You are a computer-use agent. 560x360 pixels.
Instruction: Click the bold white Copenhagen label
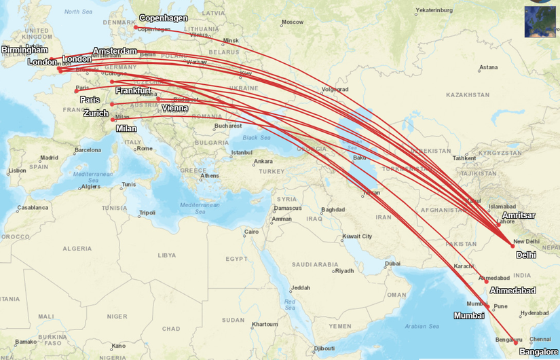tap(164, 18)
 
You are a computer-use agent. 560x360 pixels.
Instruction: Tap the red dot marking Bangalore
tap(515, 342)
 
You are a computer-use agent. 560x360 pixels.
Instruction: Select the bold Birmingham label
tap(24, 50)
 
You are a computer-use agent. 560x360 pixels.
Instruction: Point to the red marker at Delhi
tap(513, 246)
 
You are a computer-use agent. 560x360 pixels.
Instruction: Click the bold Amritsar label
tap(519, 215)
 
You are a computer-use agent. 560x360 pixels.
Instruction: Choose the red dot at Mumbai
tap(488, 307)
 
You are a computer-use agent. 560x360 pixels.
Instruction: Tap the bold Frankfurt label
tap(133, 90)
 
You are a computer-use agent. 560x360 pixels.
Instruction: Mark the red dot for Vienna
tap(158, 99)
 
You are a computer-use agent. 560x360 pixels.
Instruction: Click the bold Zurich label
tap(96, 113)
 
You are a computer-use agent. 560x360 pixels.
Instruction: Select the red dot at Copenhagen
tap(136, 28)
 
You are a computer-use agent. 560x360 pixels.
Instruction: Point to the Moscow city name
tap(293, 22)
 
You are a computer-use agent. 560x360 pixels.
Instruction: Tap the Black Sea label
tap(256, 137)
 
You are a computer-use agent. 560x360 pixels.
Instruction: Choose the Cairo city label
tap(252, 232)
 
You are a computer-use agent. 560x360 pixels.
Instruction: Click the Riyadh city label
tap(345, 270)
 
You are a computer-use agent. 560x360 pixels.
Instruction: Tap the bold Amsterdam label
tap(115, 52)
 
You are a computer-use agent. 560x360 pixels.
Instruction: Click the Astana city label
tap(488, 67)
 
